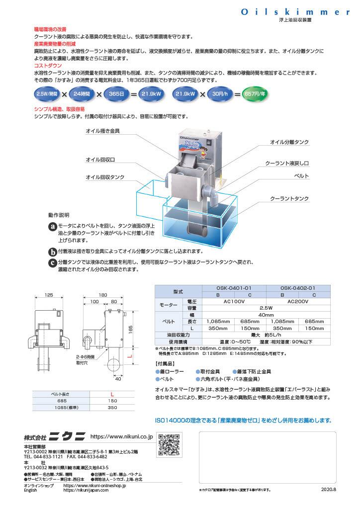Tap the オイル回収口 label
click(100, 160)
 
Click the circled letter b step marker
click(52, 251)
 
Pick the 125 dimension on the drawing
click(49, 295)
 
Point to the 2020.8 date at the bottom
click(328, 490)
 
